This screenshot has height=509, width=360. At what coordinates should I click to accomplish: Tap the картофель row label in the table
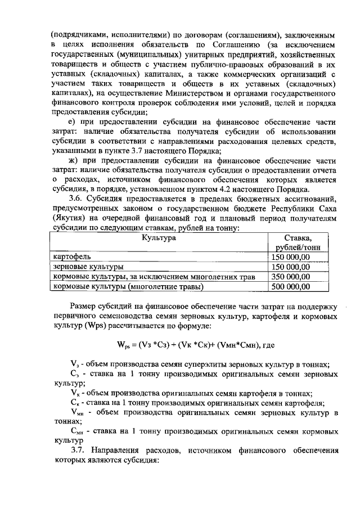click(70, 257)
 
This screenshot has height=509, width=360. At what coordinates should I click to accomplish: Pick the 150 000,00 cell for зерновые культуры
click(290, 267)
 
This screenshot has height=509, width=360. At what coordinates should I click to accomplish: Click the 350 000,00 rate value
click(290, 277)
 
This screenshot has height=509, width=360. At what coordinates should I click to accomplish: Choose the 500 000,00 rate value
click(290, 287)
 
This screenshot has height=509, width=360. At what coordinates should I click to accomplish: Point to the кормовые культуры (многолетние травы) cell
click(128, 287)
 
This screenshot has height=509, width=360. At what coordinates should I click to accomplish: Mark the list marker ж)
click(73, 160)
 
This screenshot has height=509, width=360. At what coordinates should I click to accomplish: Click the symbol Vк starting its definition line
click(75, 393)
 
